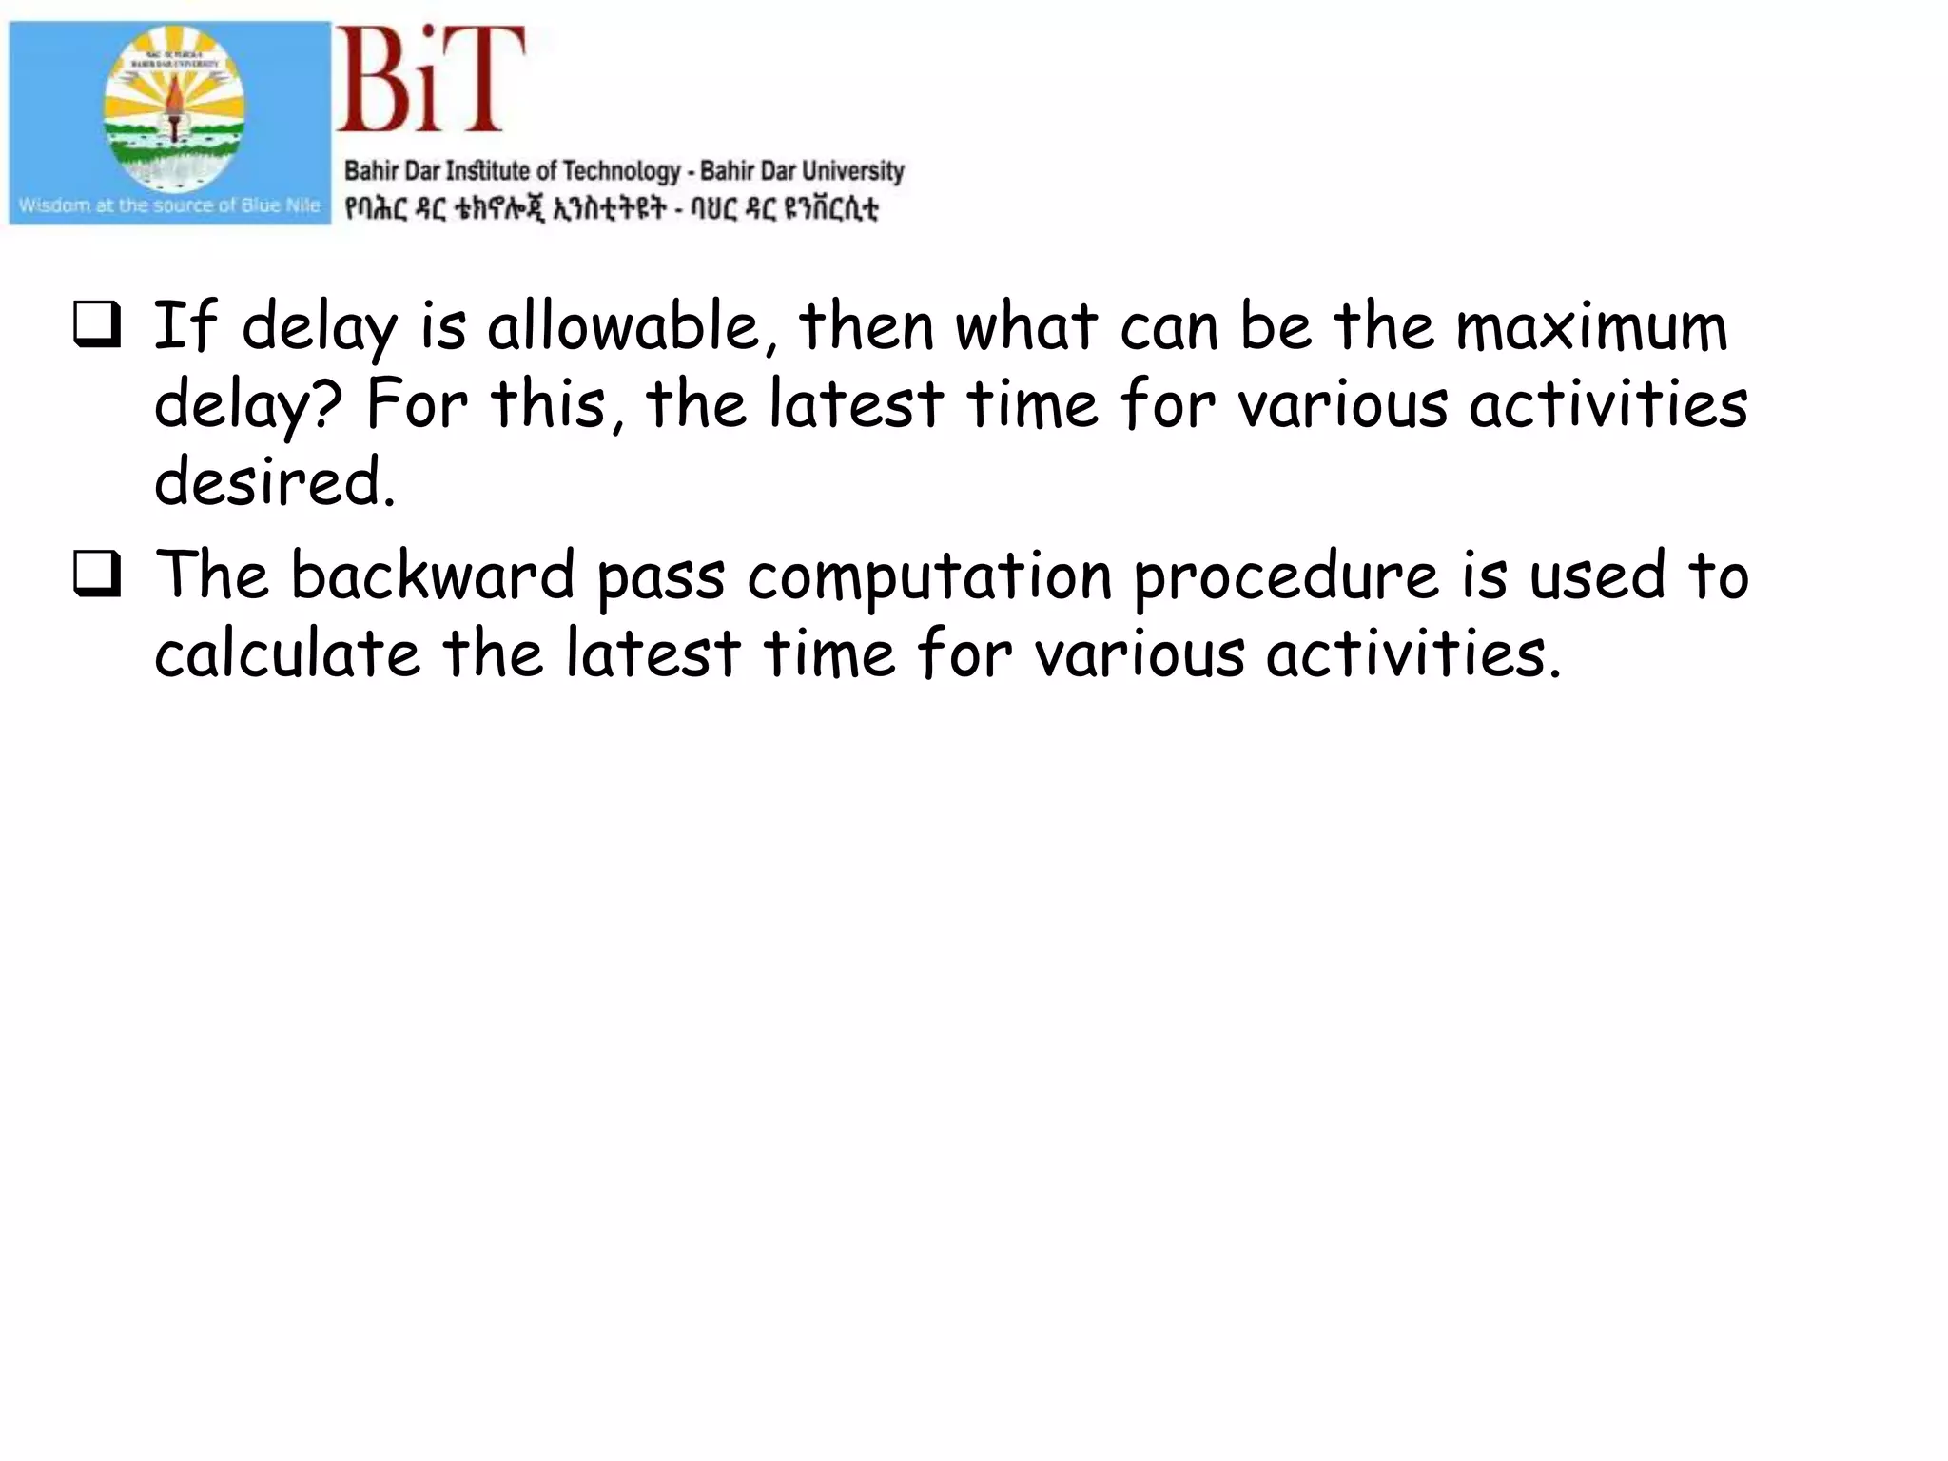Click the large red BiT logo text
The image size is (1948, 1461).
click(x=430, y=80)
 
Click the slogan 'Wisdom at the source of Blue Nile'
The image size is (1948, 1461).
click(x=169, y=205)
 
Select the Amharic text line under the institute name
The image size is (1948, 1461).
click(x=611, y=208)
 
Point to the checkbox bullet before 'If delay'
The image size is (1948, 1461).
click(x=97, y=324)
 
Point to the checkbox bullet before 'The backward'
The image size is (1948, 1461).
click(x=97, y=575)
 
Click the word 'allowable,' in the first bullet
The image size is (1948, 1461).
click(x=624, y=326)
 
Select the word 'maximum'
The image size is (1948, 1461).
click(x=1591, y=326)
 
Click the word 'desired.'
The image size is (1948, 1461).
click(x=274, y=482)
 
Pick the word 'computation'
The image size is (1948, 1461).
click(x=929, y=578)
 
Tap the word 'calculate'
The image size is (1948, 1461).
click(x=286, y=654)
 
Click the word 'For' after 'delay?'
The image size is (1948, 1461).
click(x=416, y=404)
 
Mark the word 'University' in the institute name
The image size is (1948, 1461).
click(x=852, y=171)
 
